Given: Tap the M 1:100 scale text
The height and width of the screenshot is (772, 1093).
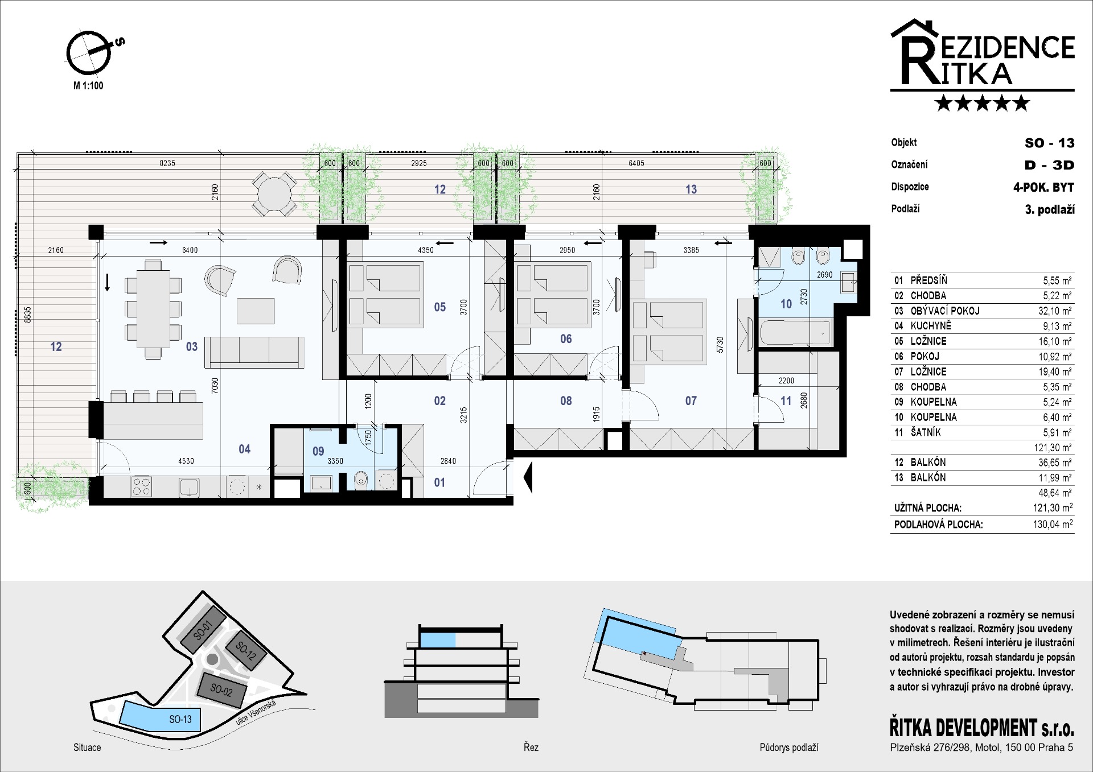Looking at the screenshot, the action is point(88,86).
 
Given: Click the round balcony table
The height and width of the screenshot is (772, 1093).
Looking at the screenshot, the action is point(274,194).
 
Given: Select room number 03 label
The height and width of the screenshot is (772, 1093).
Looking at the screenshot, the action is point(192,346).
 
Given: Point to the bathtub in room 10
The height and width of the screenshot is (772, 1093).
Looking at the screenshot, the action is point(795,333).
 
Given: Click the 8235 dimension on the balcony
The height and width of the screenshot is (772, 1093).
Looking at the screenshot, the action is point(167,163).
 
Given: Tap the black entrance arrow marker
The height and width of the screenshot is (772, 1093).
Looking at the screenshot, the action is point(528,477).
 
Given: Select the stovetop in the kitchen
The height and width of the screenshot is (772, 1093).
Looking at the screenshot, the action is point(142,486).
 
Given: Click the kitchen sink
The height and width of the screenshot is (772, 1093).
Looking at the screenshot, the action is point(189,487).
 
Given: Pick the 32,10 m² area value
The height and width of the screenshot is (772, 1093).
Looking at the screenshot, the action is point(1055,311).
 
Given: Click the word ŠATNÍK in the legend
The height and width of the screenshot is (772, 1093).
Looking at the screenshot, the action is point(926,432).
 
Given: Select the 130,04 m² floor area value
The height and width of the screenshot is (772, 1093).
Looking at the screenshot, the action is point(1053,524).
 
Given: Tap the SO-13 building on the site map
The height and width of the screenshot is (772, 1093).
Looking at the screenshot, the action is point(159,716).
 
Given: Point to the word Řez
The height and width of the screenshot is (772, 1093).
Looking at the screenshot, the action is point(531,747).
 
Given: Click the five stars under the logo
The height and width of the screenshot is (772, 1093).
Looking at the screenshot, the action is point(983,103).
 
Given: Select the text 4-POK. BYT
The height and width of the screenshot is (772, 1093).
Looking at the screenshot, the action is point(1043,187).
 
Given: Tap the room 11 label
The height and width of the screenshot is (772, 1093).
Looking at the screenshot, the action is point(786,401).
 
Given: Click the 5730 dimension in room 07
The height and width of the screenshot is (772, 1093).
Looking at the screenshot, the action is point(720,345).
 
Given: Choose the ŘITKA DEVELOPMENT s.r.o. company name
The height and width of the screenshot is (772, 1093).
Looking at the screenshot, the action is point(982,728).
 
